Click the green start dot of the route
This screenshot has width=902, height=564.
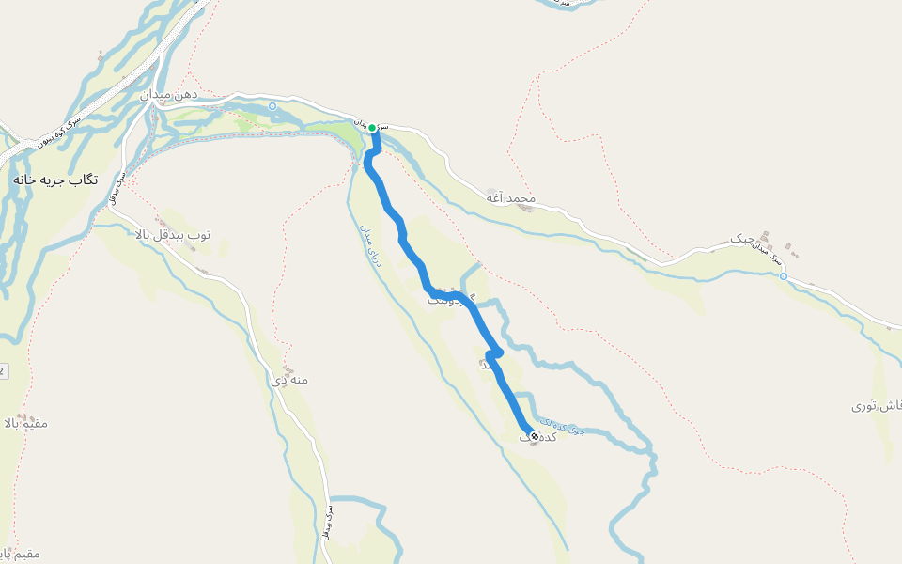point(372,128)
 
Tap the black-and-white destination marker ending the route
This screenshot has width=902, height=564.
point(535,436)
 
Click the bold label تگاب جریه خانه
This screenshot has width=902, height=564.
point(54,179)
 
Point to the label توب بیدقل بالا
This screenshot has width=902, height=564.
point(173,233)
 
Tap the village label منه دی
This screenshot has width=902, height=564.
point(289,381)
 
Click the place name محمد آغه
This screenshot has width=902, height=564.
point(510,198)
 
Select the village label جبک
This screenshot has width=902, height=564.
point(743,240)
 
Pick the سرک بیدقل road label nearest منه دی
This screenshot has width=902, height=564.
point(329,522)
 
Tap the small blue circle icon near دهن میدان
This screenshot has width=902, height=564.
point(272,106)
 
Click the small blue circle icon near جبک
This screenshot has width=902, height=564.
point(783,276)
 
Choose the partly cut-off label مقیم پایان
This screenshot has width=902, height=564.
point(21,555)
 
